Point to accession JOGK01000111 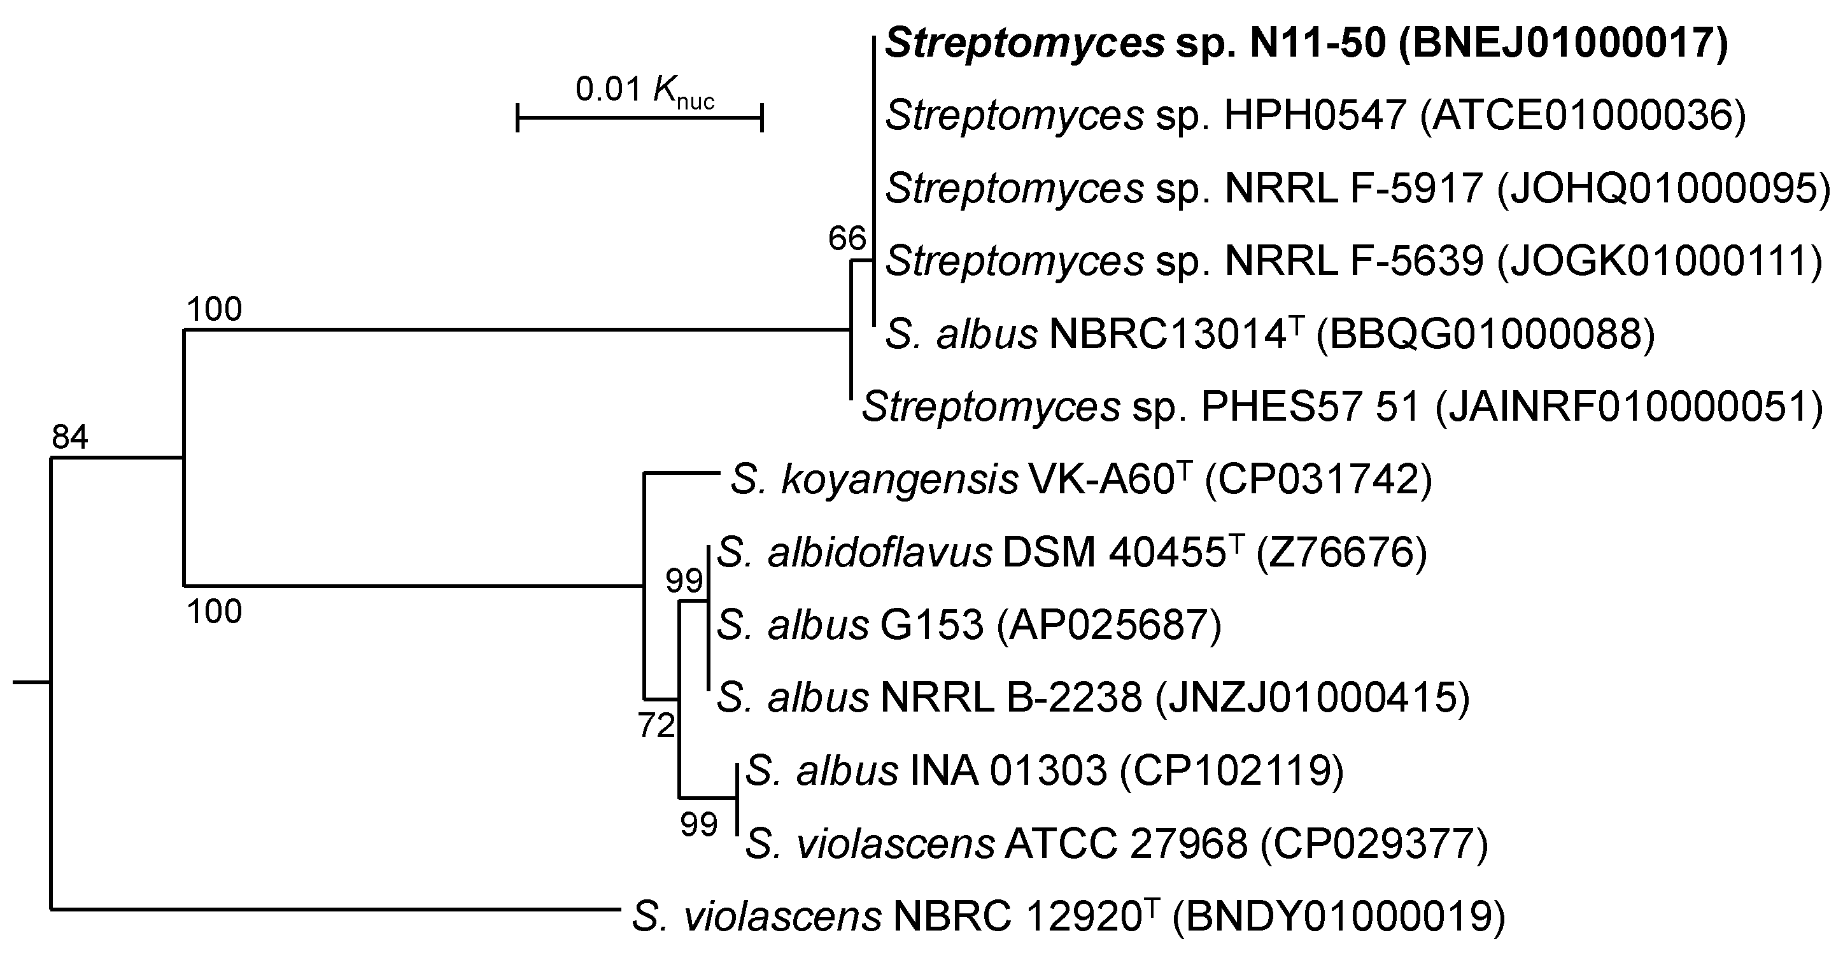click(x=1660, y=261)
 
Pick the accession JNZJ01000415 click(x=1313, y=697)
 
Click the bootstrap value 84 click(x=69, y=436)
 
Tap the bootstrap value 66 click(x=847, y=237)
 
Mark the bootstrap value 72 click(x=656, y=726)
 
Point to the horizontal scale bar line click(x=640, y=117)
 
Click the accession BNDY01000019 click(x=1339, y=917)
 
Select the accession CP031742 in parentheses click(x=1318, y=479)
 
